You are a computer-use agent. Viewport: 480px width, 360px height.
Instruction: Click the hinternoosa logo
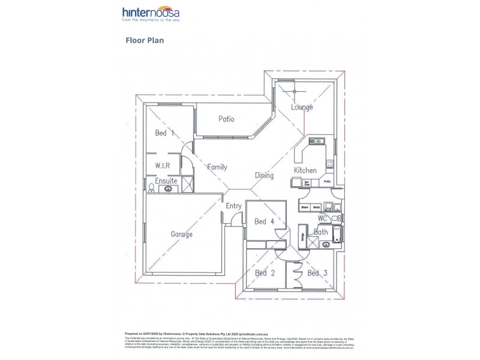[x=151, y=15]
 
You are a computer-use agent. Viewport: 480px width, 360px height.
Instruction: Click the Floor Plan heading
[x=145, y=41]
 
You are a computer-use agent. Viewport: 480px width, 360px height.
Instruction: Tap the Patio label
[x=226, y=119]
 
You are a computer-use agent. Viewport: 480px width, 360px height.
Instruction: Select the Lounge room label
[x=302, y=107]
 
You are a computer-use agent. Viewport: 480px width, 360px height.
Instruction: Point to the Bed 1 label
[x=164, y=133]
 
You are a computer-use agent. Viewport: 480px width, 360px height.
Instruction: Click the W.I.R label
[x=163, y=165]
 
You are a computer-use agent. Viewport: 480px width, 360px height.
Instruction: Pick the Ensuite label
[x=166, y=181]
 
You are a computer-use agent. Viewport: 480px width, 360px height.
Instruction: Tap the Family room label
[x=217, y=167]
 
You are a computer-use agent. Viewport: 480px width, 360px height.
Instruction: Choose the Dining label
[x=264, y=175]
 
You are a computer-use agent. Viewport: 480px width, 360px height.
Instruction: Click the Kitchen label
[x=305, y=170]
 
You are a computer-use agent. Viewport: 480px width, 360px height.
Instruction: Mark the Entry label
[x=233, y=206]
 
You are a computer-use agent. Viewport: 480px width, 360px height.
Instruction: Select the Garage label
[x=182, y=234]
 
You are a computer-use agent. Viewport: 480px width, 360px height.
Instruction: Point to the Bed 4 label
[x=265, y=221]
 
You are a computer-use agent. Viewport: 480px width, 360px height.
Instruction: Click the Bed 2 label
[x=265, y=273]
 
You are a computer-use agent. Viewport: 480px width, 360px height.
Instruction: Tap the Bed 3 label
[x=317, y=273]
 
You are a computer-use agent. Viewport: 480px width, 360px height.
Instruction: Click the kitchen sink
[x=316, y=142]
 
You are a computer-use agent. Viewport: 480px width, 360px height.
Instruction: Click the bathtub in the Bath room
[x=337, y=235]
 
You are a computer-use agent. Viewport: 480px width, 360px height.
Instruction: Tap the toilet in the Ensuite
[x=151, y=188]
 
